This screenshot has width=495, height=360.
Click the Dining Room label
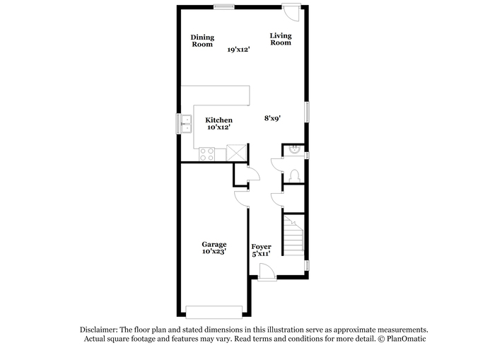pos(202,41)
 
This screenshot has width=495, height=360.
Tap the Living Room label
pos(281,39)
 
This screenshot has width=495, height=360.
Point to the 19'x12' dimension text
pos(239,50)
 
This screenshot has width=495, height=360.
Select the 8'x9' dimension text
pos(272,118)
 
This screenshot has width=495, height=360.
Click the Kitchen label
pos(219,120)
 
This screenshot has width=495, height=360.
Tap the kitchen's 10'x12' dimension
pos(219,127)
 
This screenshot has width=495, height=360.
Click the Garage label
pos(214,245)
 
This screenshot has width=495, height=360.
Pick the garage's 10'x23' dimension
pos(214,251)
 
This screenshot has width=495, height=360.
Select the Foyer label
pos(261,247)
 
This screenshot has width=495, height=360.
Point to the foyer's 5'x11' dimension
pos(261,254)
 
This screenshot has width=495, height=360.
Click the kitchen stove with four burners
pos(206,154)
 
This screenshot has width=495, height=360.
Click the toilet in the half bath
pos(294,176)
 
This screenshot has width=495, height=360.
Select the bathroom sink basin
pos(294,149)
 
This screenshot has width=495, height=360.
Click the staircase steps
pos(293,236)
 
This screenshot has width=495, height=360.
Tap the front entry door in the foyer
pos(267,272)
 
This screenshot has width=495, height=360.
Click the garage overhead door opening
pos(214,312)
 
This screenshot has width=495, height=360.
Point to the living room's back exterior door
pos(291,12)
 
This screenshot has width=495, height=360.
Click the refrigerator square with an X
pos(236,153)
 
